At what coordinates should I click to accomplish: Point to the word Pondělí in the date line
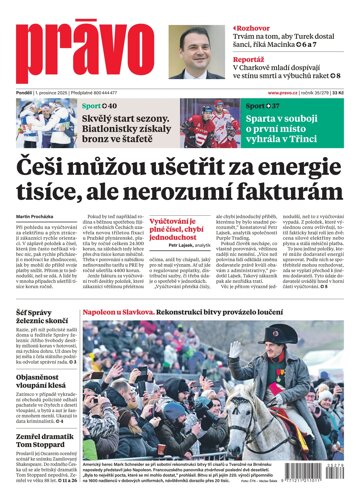(27, 91)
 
